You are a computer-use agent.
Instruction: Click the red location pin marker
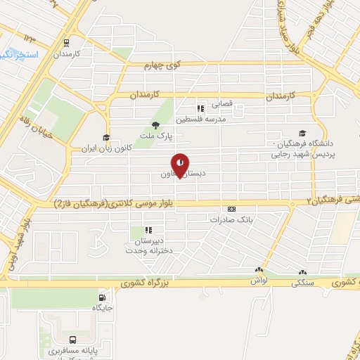pos(181,164)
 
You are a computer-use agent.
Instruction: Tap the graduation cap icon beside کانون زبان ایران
pos(106,138)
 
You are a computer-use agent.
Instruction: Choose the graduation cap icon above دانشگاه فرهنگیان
pos(302,133)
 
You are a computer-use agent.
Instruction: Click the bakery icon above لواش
pos(259,271)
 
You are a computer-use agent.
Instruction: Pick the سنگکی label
pos(302,283)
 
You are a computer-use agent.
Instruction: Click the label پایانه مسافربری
pos(73,349)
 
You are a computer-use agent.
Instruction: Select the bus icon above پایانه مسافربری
pos(73,338)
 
